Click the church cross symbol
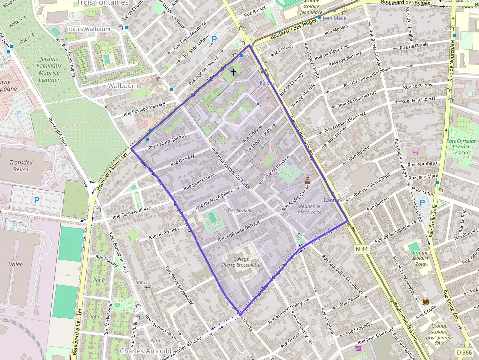point(233,72)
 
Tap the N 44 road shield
point(362,249)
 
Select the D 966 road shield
point(465,352)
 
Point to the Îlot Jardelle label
point(240,211)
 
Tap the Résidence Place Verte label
point(309,209)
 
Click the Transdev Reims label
point(19,166)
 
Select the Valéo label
point(16,264)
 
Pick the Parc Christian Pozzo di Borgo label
point(461,147)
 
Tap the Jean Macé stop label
point(334,18)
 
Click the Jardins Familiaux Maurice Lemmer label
point(48,69)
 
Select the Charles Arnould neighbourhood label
point(146,351)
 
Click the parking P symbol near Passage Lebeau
point(214,38)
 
